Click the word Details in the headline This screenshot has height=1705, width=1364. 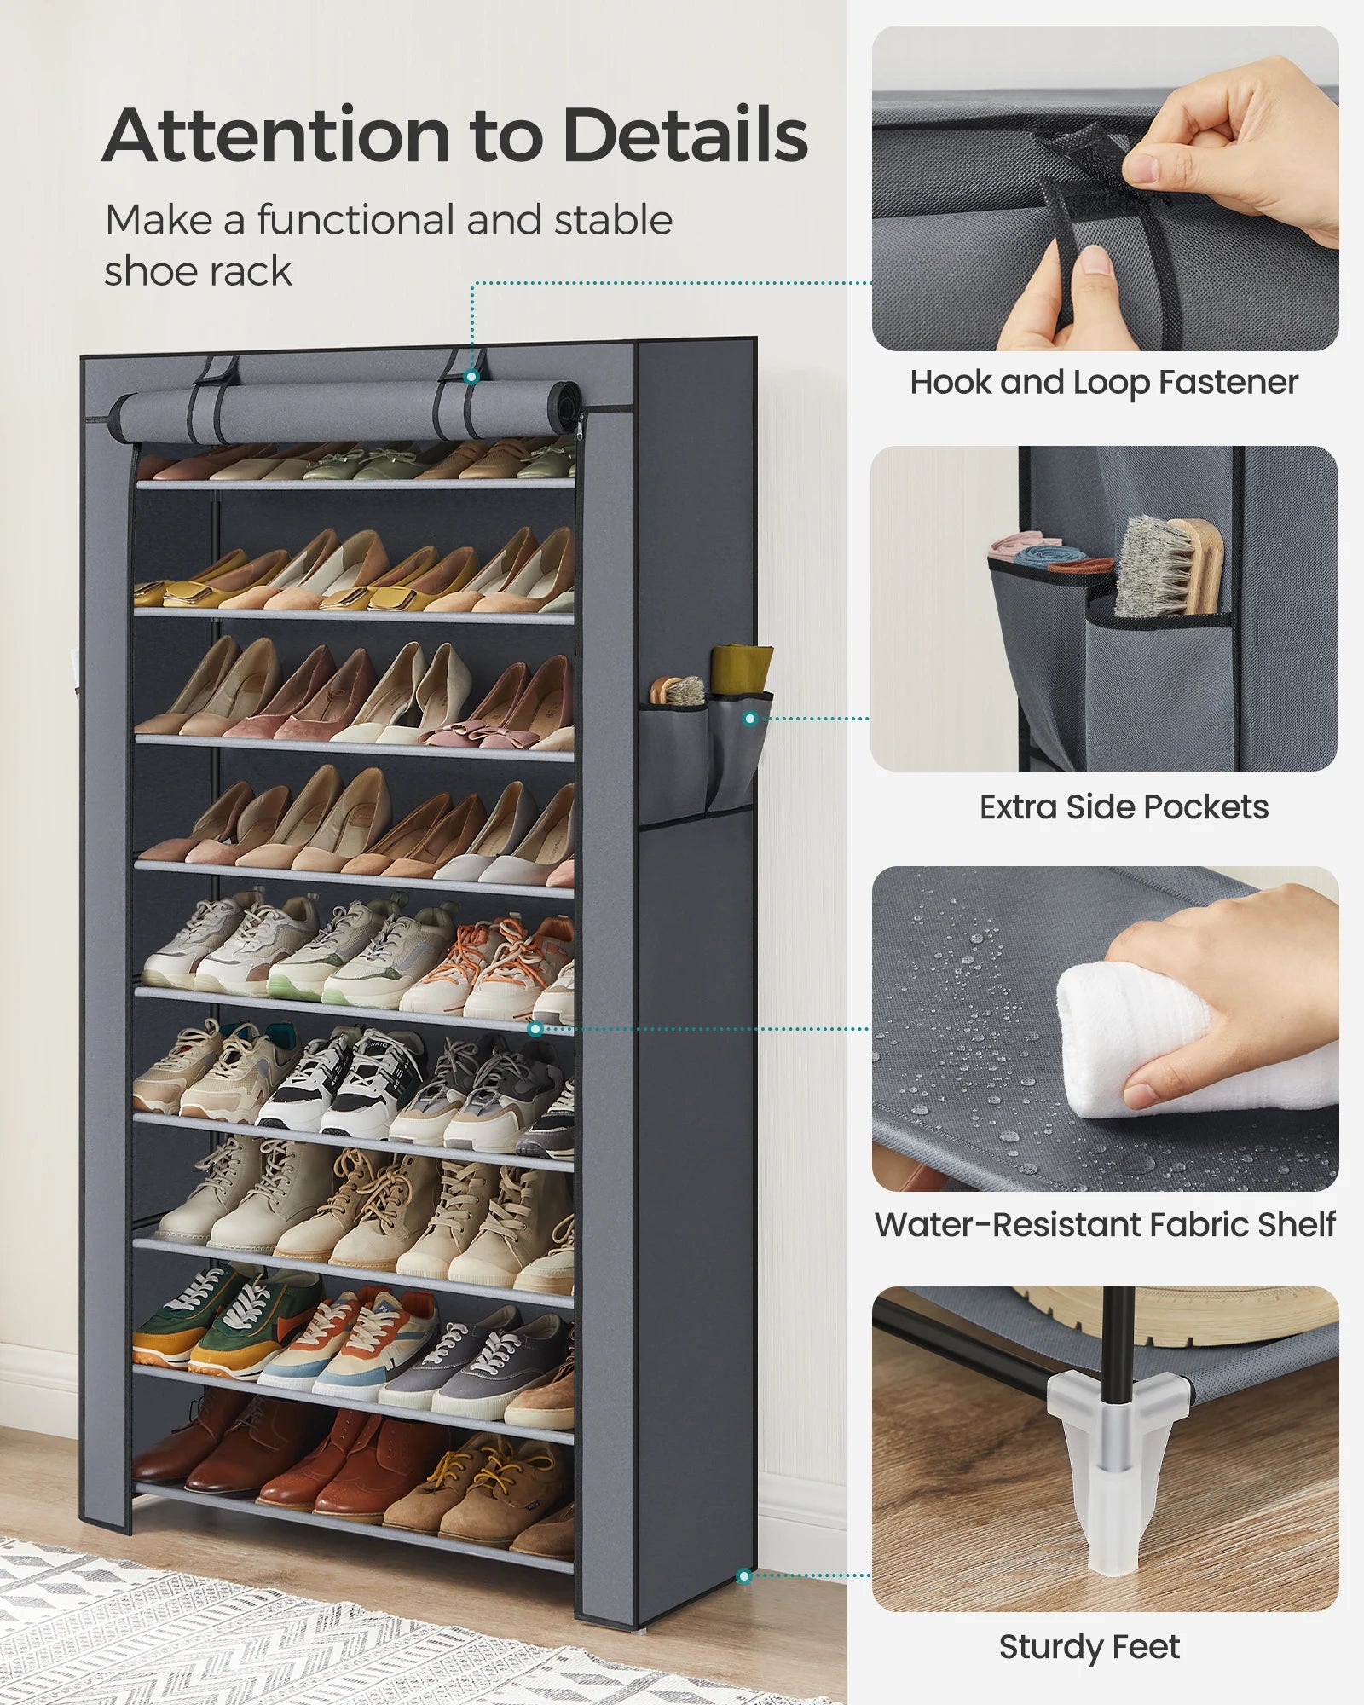tap(685, 136)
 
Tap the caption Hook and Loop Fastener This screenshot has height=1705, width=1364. tap(1104, 383)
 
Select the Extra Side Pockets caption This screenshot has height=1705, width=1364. tap(1124, 806)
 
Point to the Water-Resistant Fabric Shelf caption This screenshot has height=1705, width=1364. tap(1105, 1224)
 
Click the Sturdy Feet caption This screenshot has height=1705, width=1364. tap(1089, 1647)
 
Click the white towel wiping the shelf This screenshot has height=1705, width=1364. tap(1193, 1049)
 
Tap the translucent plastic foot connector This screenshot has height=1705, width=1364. tap(1108, 1441)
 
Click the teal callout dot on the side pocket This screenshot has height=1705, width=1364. tap(750, 719)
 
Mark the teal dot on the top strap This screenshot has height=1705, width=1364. tap(471, 376)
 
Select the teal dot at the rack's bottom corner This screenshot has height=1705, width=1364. tap(744, 1576)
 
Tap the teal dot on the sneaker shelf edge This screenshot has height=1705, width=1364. tap(535, 1029)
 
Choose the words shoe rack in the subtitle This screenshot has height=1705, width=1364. tap(198, 271)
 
